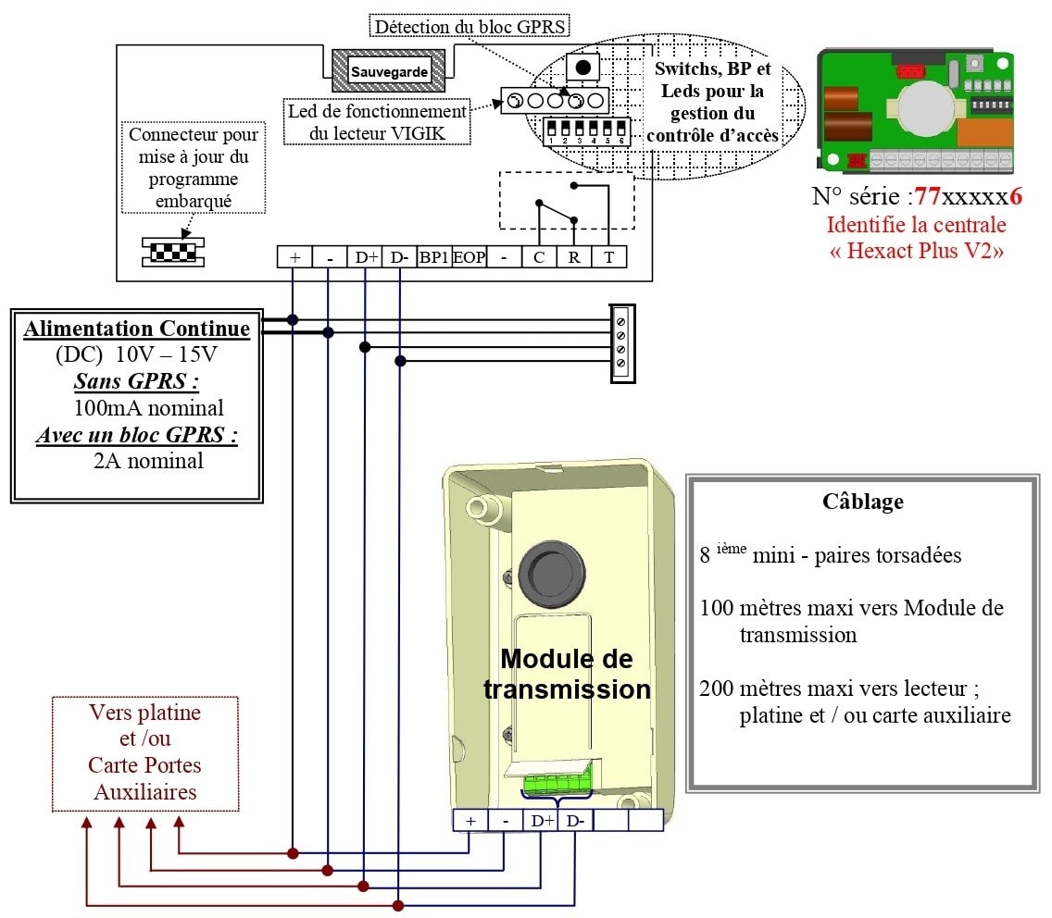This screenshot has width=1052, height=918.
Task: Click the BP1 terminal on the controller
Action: (x=433, y=257)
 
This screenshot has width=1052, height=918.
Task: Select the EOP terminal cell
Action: (x=469, y=257)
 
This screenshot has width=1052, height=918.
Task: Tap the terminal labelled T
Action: (x=609, y=257)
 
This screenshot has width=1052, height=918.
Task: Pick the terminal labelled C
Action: (x=539, y=257)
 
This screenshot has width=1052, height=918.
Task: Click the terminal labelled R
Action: (x=574, y=257)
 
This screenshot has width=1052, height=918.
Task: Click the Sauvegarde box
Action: (x=389, y=70)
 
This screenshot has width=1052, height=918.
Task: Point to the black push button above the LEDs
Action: (x=583, y=67)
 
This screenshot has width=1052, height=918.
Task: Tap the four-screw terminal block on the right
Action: (x=620, y=341)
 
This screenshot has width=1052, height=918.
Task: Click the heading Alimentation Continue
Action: (x=137, y=329)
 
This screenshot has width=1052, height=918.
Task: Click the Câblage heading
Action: (x=862, y=502)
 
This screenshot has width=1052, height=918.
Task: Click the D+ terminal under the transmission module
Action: (x=540, y=820)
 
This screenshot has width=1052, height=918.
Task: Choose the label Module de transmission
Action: (x=567, y=674)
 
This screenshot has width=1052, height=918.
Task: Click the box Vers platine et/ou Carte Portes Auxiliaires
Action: (x=144, y=753)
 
